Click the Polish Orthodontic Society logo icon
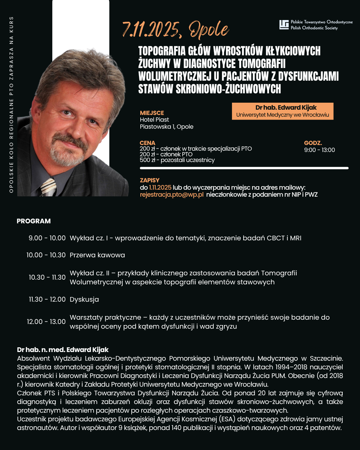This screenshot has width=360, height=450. [x=284, y=25]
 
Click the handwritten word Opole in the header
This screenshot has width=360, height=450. [x=209, y=30]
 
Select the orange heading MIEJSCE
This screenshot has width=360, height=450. [x=152, y=113]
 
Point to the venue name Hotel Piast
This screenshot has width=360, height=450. [x=154, y=120]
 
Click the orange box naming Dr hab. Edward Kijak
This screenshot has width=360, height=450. [x=283, y=111]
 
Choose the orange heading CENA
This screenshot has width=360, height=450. [x=148, y=143]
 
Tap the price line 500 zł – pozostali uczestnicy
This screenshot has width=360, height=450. [x=177, y=160]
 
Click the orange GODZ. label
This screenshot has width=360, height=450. [x=313, y=143]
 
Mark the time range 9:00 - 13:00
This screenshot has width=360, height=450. [x=319, y=150]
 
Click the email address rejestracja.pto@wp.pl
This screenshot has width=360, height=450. [x=172, y=195]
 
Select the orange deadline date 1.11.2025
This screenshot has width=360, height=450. [x=160, y=188]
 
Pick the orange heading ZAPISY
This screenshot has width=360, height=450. [x=150, y=180]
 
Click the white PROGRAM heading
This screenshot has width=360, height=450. [x=34, y=221]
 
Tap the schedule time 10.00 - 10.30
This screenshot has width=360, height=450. [x=46, y=255]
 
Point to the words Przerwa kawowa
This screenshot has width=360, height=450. [x=97, y=255]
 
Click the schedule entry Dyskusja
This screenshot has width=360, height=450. [x=84, y=299]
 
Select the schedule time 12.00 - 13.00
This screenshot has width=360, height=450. [x=46, y=322]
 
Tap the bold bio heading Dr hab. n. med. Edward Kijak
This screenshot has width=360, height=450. [x=63, y=350]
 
